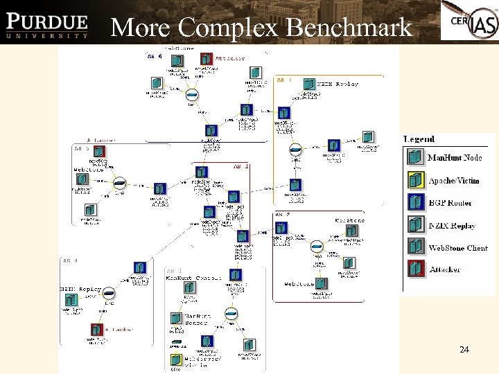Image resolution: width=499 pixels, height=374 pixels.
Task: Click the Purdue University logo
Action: [48, 22]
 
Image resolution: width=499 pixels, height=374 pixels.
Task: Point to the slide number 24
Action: [464, 350]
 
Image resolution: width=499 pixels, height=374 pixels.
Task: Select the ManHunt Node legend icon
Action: [415, 158]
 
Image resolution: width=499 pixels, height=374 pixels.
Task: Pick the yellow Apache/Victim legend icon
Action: [415, 181]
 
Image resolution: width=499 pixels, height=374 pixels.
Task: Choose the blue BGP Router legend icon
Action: [415, 203]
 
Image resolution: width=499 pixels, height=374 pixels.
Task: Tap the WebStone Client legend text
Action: [457, 248]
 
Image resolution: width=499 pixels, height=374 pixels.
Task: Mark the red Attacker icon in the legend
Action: [415, 269]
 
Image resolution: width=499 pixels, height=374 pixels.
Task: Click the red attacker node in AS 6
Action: [206, 59]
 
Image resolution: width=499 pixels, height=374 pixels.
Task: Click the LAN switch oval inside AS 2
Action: [317, 246]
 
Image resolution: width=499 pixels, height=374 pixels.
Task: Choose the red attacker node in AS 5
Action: [98, 152]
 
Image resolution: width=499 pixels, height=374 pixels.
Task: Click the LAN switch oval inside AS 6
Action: [193, 95]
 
